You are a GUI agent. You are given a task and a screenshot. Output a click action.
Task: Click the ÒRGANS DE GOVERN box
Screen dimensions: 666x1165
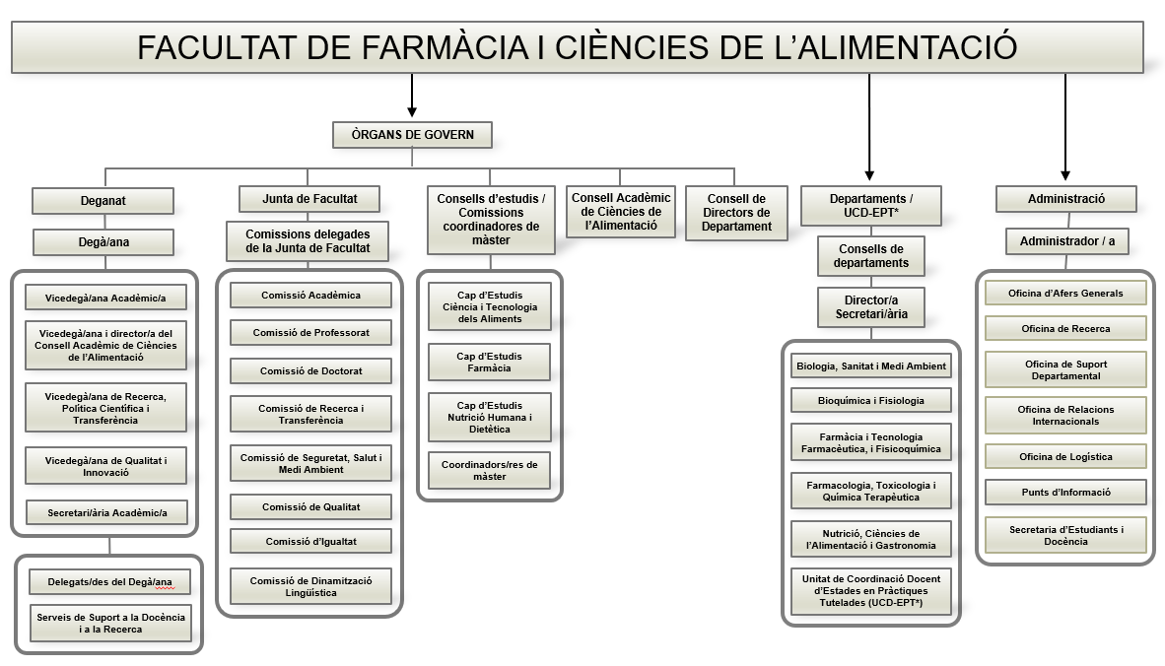pyautogui.click(x=412, y=134)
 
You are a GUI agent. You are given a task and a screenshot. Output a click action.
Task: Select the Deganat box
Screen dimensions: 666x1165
pyautogui.click(x=103, y=200)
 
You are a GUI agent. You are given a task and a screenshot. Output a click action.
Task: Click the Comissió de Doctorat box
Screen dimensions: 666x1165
pyautogui.click(x=310, y=370)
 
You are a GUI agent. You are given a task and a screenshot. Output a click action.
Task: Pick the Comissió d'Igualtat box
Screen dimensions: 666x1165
pyautogui.click(x=310, y=541)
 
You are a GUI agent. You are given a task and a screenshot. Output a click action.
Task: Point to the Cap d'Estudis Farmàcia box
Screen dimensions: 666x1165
pyautogui.click(x=489, y=362)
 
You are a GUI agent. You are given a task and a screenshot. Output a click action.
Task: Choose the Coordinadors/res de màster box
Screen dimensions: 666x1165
pyautogui.click(x=489, y=469)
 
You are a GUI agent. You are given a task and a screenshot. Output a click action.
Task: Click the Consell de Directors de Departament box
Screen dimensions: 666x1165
pyautogui.click(x=736, y=213)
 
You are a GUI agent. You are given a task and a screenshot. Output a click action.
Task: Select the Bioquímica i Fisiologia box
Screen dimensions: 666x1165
pyautogui.click(x=870, y=400)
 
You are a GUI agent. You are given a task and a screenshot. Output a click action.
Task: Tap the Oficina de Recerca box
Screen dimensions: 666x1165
pyautogui.click(x=1064, y=328)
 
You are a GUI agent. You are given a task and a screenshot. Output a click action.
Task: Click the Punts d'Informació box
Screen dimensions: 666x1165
pyautogui.click(x=1064, y=492)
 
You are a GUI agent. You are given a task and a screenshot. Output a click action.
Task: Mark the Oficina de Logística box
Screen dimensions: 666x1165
pyautogui.click(x=1064, y=456)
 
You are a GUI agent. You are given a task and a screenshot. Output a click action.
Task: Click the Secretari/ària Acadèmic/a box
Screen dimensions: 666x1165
pyautogui.click(x=106, y=512)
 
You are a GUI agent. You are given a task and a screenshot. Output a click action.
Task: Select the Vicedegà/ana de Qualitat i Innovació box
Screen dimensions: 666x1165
pyautogui.click(x=106, y=466)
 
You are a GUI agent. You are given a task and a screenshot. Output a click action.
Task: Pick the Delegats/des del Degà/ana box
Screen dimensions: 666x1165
pyautogui.click(x=109, y=581)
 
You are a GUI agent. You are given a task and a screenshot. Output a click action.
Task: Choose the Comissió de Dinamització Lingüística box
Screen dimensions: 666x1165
pyautogui.click(x=310, y=586)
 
